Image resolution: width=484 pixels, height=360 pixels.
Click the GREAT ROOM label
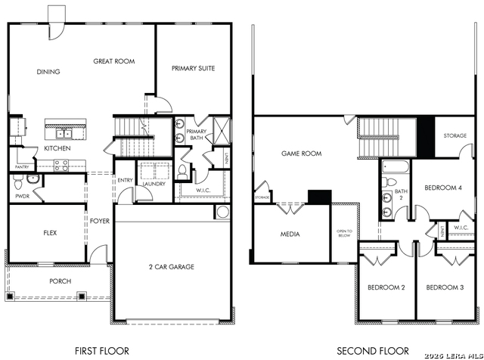click(x=113, y=61)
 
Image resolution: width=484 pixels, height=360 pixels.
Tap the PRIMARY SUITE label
click(x=193, y=69)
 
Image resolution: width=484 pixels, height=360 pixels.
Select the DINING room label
click(x=48, y=72)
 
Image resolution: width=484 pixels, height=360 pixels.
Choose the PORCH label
click(x=60, y=281)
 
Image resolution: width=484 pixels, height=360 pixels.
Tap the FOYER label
click(x=100, y=221)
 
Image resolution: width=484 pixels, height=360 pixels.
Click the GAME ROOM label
click(x=301, y=154)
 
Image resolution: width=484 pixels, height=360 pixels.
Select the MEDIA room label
click(x=290, y=234)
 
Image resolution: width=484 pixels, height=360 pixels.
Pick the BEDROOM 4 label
click(x=442, y=188)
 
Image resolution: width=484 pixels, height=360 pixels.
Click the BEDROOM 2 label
click(x=386, y=287)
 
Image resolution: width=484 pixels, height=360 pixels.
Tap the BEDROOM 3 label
click(x=445, y=287)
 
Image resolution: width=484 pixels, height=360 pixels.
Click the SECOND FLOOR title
click(x=373, y=350)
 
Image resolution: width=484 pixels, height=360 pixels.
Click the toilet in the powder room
click(x=32, y=180)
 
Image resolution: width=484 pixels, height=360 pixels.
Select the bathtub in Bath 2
click(x=396, y=167)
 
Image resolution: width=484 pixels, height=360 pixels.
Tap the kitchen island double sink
click(x=64, y=134)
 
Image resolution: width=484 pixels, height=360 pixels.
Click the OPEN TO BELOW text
click(x=344, y=234)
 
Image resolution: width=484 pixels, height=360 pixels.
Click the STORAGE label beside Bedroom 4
click(x=455, y=136)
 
